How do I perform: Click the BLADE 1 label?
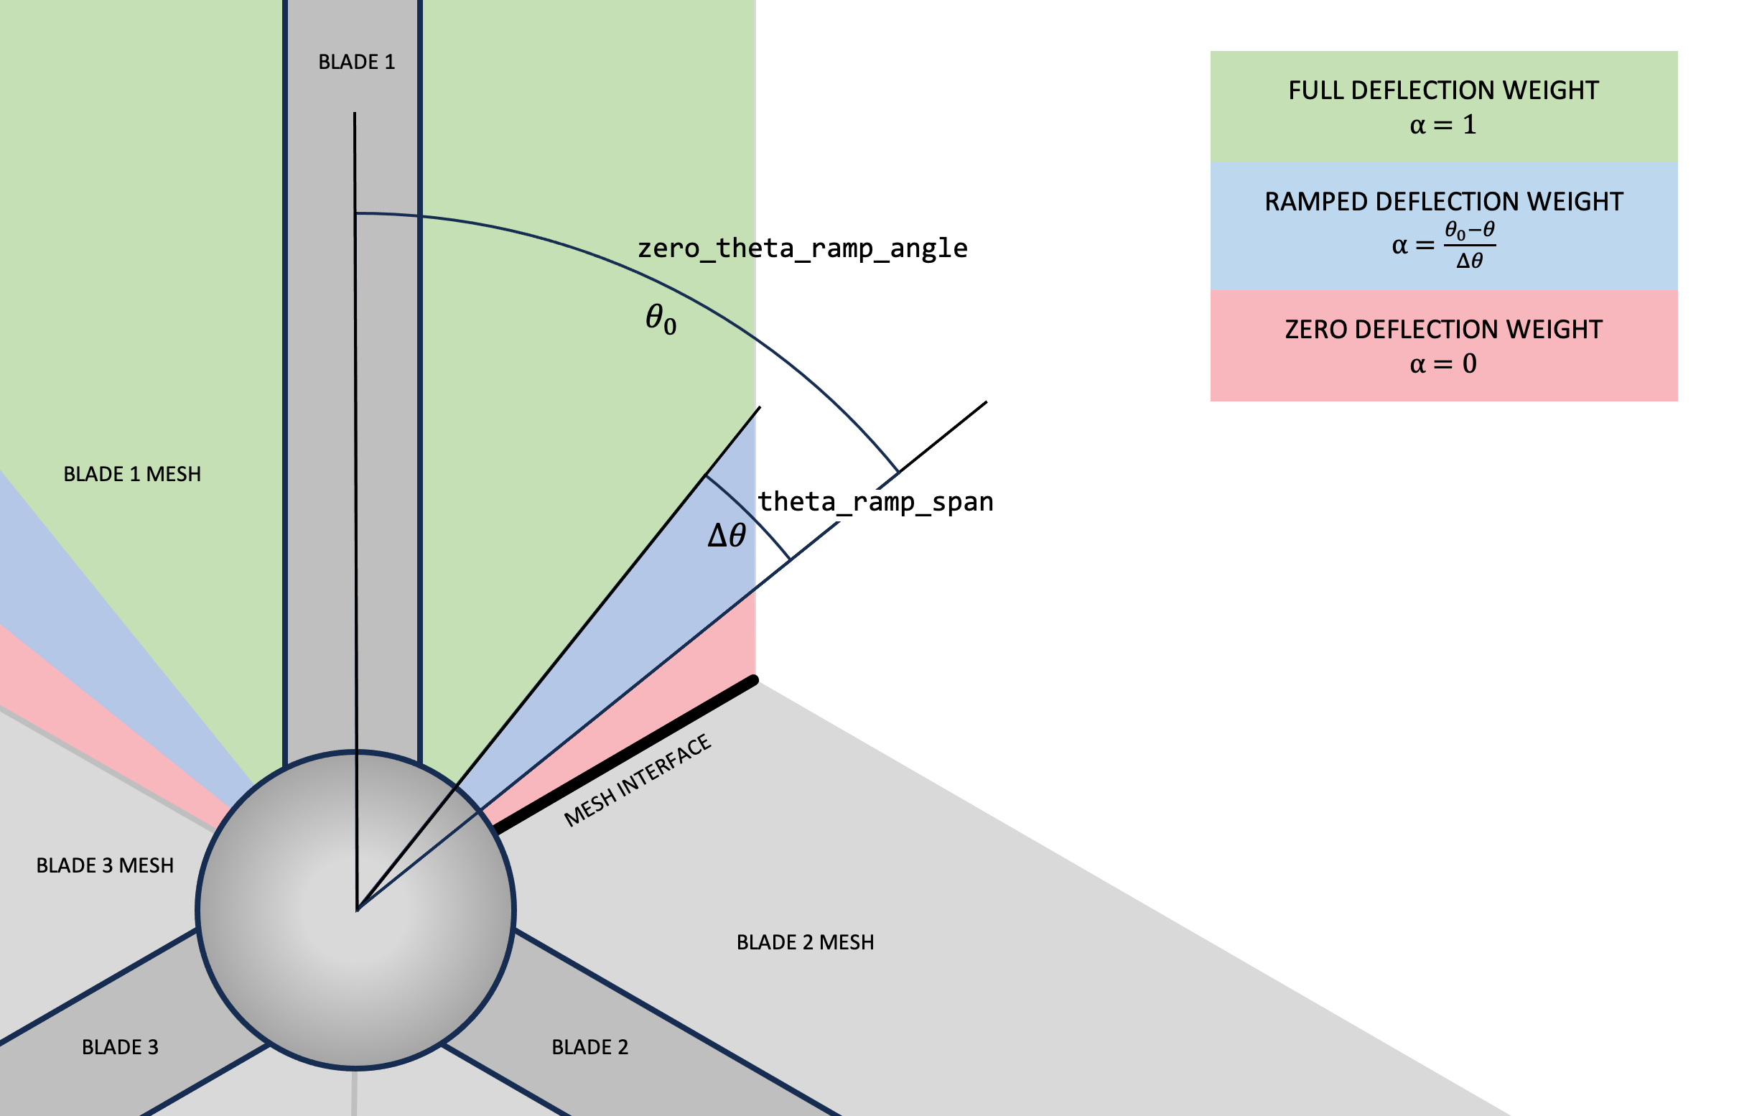[x=356, y=62]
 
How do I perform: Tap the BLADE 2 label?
[x=589, y=1047]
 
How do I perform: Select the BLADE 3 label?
[x=120, y=1047]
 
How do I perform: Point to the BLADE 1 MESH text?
[x=131, y=474]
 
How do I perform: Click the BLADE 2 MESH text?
[x=805, y=942]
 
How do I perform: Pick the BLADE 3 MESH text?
[x=105, y=865]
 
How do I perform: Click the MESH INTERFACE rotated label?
[x=638, y=781]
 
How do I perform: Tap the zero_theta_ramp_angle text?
[x=802, y=248]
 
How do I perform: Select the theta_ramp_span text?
[x=875, y=502]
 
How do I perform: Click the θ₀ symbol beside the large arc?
[x=661, y=319]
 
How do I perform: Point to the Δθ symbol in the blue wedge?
[x=726, y=536]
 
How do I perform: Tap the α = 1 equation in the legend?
[x=1443, y=125]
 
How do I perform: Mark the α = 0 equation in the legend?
[x=1443, y=363]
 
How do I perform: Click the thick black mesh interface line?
[x=625, y=755]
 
